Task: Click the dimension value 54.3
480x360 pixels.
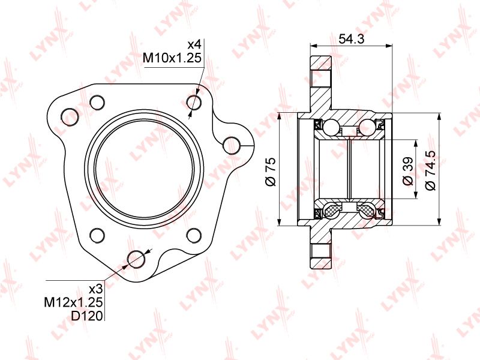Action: [352, 39]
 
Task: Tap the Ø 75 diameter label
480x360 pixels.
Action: [271, 172]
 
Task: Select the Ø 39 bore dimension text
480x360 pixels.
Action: [408, 172]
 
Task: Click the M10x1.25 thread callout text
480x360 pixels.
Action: [172, 58]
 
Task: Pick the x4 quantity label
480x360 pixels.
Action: [194, 45]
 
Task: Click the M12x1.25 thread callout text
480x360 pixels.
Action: [73, 302]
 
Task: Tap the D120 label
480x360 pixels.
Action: [87, 316]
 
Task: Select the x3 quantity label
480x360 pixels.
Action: [95, 289]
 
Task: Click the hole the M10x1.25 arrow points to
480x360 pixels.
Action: [194, 102]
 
